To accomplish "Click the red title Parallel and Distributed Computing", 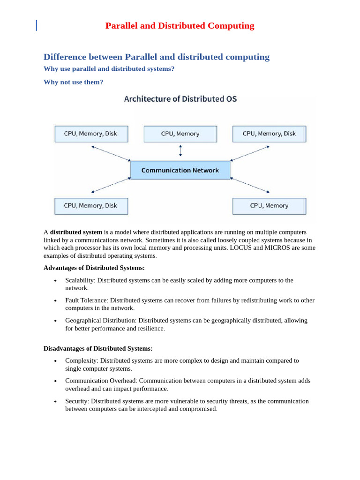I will pyautogui.click(x=180, y=26).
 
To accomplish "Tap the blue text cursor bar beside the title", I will pyautogui.click(x=37, y=25).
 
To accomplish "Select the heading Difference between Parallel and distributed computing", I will pyautogui.click(x=157, y=57).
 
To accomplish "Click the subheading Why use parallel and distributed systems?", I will pyautogui.click(x=109, y=69).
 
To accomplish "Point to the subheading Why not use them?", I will pyautogui.click(x=73, y=82).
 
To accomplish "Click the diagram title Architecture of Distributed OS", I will pyautogui.click(x=180, y=99).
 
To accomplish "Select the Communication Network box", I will pyautogui.click(x=180, y=170).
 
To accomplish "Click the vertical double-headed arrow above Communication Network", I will pyautogui.click(x=180, y=151).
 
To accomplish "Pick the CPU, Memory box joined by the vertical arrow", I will pyautogui.click(x=180, y=134).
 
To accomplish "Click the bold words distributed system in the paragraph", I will pyautogui.click(x=76, y=232).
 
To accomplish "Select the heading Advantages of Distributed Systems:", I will pyautogui.click(x=94, y=268).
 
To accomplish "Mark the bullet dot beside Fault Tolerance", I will pyautogui.click(x=55, y=300).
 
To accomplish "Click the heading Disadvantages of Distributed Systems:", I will pyautogui.click(x=98, y=349).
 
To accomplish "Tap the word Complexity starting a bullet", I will pyautogui.click(x=81, y=361).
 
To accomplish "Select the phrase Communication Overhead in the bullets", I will pyautogui.click(x=101, y=381).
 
